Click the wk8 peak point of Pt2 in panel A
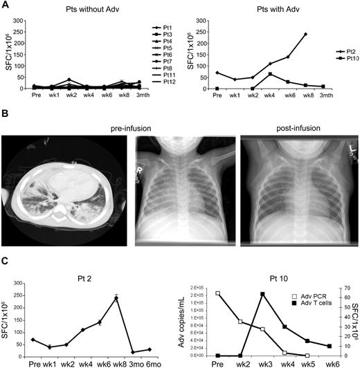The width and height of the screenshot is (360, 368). pos(305,34)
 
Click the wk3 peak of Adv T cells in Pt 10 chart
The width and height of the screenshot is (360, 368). pos(262,294)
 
